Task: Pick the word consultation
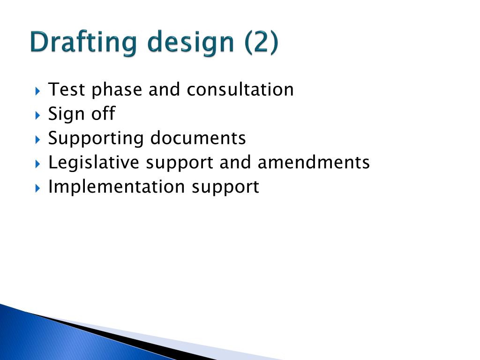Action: pyautogui.click(x=240, y=89)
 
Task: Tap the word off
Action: pyautogui.click(x=103, y=113)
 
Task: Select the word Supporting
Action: pyautogui.click(x=96, y=139)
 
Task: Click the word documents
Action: pyautogui.click(x=198, y=138)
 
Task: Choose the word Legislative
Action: pyautogui.click(x=94, y=163)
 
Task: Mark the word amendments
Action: pyautogui.click(x=314, y=163)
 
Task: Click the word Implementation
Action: pyautogui.click(x=117, y=187)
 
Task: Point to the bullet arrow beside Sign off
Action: pyautogui.click(x=38, y=114)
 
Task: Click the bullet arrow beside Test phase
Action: pyautogui.click(x=38, y=90)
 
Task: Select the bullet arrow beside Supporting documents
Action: pyautogui.click(x=38, y=139)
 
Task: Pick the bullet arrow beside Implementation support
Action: pyautogui.click(x=38, y=187)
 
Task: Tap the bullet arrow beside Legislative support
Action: pyautogui.click(x=38, y=163)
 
